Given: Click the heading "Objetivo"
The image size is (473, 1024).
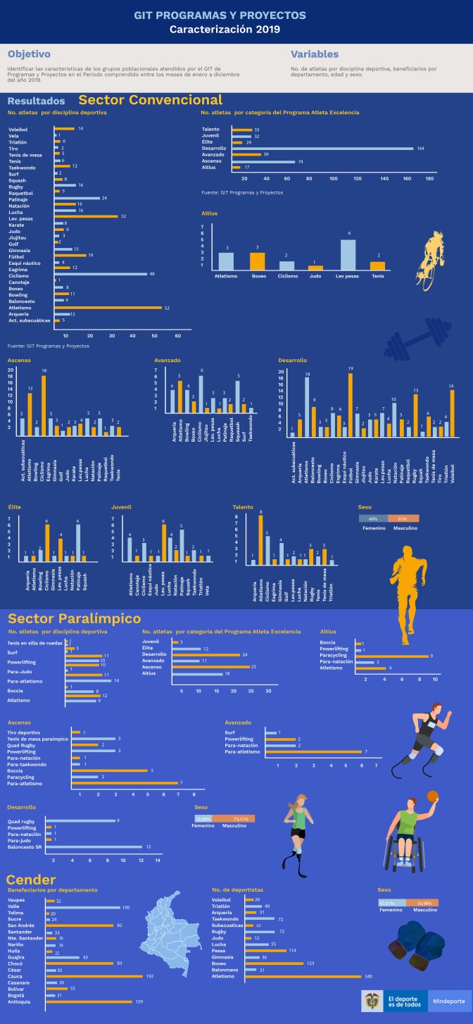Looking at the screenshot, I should click(x=29, y=54).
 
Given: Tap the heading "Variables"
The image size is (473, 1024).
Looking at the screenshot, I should click(x=315, y=54).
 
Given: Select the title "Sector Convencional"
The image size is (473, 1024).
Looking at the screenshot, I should click(x=150, y=100).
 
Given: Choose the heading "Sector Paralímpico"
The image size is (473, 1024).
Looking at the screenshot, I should click(x=74, y=618).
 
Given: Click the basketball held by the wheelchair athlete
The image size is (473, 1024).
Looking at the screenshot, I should click(x=432, y=796).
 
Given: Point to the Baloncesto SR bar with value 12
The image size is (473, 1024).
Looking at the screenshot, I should click(x=98, y=847).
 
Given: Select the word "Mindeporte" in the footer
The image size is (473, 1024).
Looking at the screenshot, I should click(x=448, y=1001).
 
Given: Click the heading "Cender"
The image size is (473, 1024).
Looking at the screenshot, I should click(x=31, y=880).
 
